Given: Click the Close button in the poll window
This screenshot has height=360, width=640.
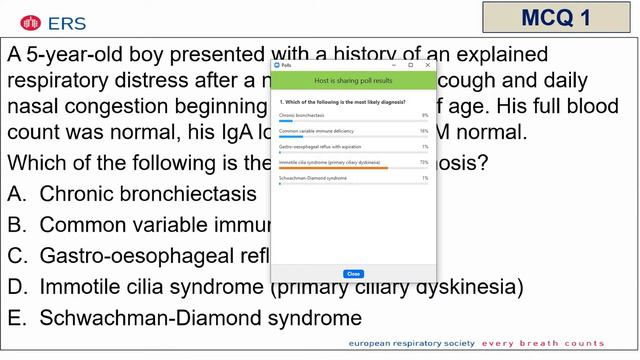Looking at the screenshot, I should [x=353, y=273].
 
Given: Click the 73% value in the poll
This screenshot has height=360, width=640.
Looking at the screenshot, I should [x=424, y=161].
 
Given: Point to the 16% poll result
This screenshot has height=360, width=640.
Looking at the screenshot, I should [x=424, y=130].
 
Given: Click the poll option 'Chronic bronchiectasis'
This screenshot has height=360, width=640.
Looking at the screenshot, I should [x=302, y=115].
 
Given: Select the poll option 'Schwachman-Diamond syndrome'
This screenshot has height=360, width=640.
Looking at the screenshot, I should [x=313, y=177].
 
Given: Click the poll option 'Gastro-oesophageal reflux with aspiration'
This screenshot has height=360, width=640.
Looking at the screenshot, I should [x=320, y=146].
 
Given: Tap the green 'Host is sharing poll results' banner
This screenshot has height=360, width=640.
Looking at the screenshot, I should [x=353, y=79].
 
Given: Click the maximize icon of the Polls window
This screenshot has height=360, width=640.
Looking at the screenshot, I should [x=410, y=65].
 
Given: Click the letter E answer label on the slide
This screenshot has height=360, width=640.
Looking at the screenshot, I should [x=15, y=318].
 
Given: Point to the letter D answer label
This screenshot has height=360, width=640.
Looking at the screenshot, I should [x=16, y=287].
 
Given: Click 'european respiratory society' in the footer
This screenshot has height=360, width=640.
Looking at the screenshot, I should [x=411, y=343].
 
